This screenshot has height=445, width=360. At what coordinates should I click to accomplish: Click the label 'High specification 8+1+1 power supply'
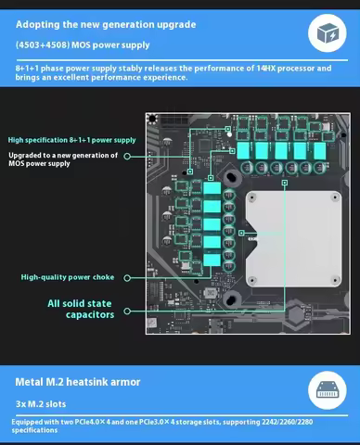tap(71, 140)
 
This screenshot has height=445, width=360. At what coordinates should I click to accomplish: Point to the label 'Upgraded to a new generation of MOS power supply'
tap(63, 159)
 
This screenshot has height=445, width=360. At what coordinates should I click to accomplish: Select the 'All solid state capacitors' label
tap(82, 309)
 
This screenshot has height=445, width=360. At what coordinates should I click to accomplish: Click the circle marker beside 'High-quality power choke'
tap(126, 277)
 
